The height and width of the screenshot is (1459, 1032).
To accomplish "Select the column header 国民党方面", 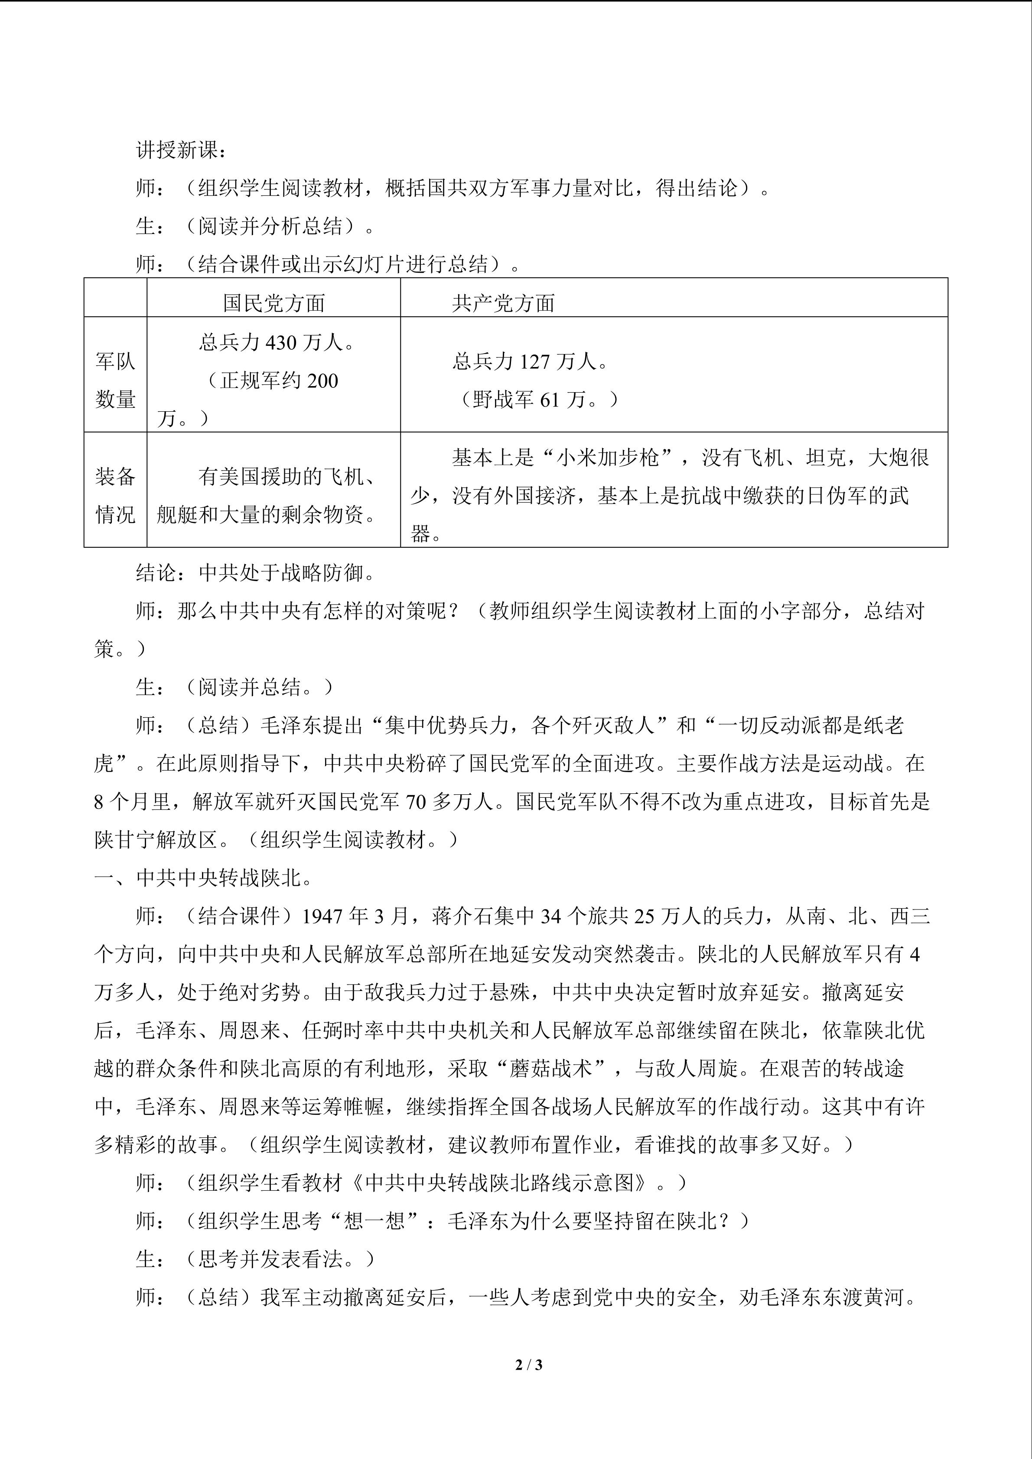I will point(274,303).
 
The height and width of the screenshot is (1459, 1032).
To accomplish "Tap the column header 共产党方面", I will point(503,303).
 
